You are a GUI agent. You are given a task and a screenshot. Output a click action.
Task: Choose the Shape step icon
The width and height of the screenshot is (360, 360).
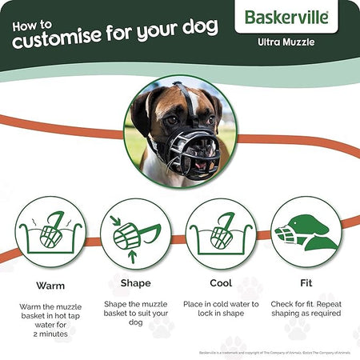click(x=134, y=232)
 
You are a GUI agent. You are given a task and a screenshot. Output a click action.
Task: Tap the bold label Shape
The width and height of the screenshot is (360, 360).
click(x=134, y=282)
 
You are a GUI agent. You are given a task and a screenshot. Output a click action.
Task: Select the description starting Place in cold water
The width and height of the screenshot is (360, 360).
click(x=222, y=310)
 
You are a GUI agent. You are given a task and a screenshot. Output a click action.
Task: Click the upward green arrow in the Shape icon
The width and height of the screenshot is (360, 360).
click(x=132, y=256)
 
